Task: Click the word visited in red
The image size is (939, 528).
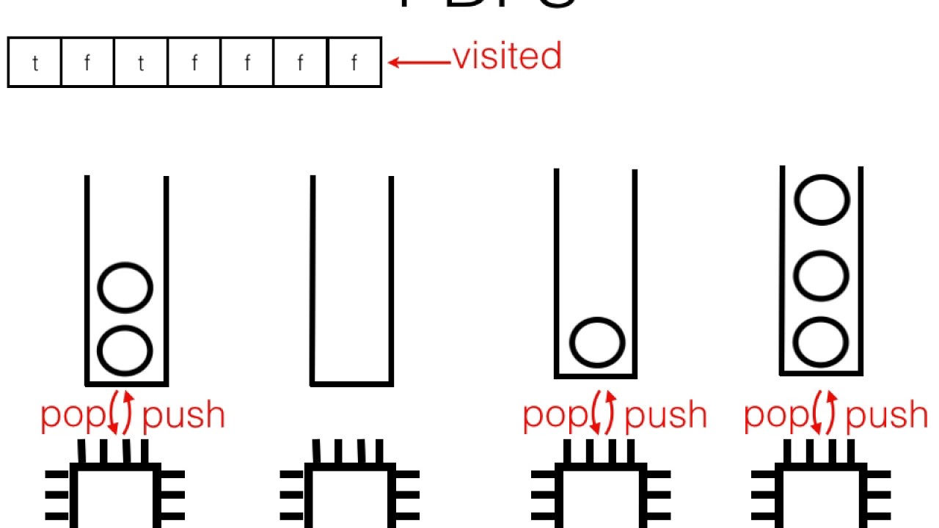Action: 507,57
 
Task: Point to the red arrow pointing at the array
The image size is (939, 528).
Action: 419,62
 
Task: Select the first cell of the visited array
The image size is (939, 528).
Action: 34,63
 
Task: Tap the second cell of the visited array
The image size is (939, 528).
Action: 87,63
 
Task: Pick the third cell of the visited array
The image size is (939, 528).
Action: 141,63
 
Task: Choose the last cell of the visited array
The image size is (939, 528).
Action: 354,63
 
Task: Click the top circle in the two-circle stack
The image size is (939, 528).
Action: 125,288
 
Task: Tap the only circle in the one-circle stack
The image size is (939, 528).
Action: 597,342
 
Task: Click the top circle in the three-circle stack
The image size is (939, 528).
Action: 822,199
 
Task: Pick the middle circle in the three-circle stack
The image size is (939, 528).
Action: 822,276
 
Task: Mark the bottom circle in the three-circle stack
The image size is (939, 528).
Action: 822,342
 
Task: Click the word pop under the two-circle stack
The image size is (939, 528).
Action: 73,416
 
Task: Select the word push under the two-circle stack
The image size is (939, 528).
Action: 183,416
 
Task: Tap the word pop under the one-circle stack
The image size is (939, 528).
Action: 555,416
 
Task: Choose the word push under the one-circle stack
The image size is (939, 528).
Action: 665,416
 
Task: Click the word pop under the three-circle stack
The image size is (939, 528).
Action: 776,416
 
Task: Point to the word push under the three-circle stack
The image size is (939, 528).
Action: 887,416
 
